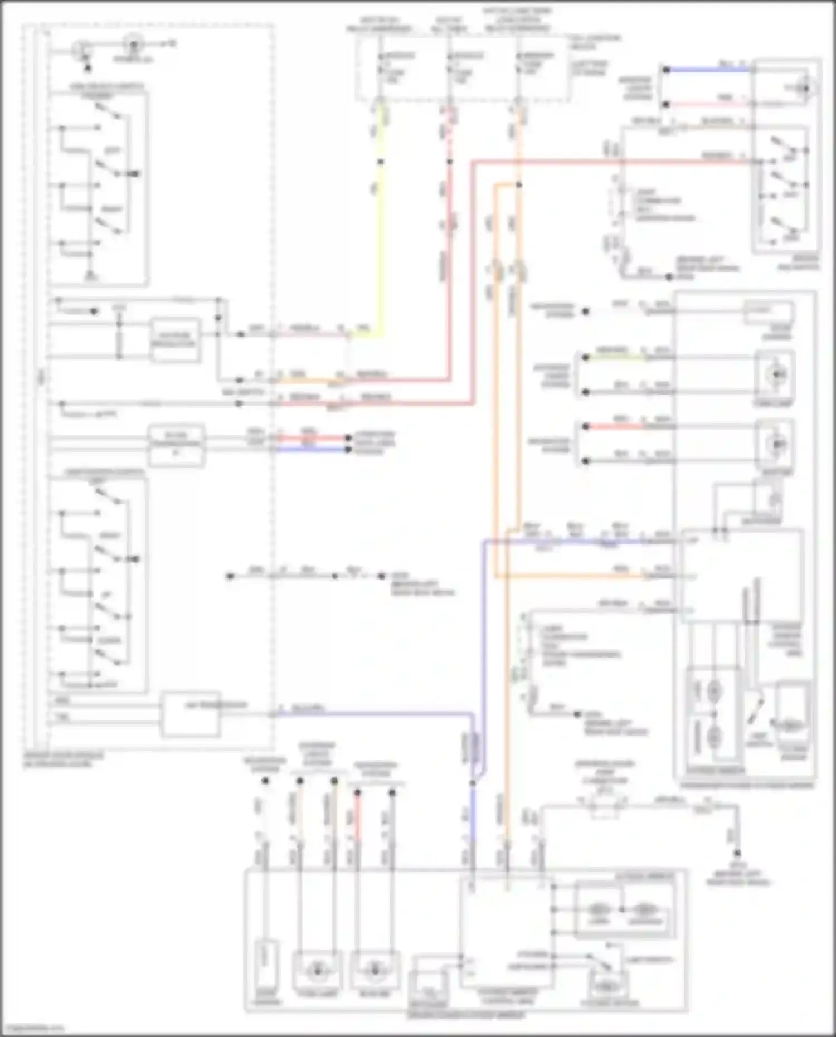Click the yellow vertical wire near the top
click(381, 223)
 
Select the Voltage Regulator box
click(175, 339)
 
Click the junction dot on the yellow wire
click(381, 162)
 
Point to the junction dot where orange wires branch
click(518, 184)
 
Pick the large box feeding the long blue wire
click(190, 714)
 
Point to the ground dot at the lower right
click(737, 854)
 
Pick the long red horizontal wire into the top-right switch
click(613, 162)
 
